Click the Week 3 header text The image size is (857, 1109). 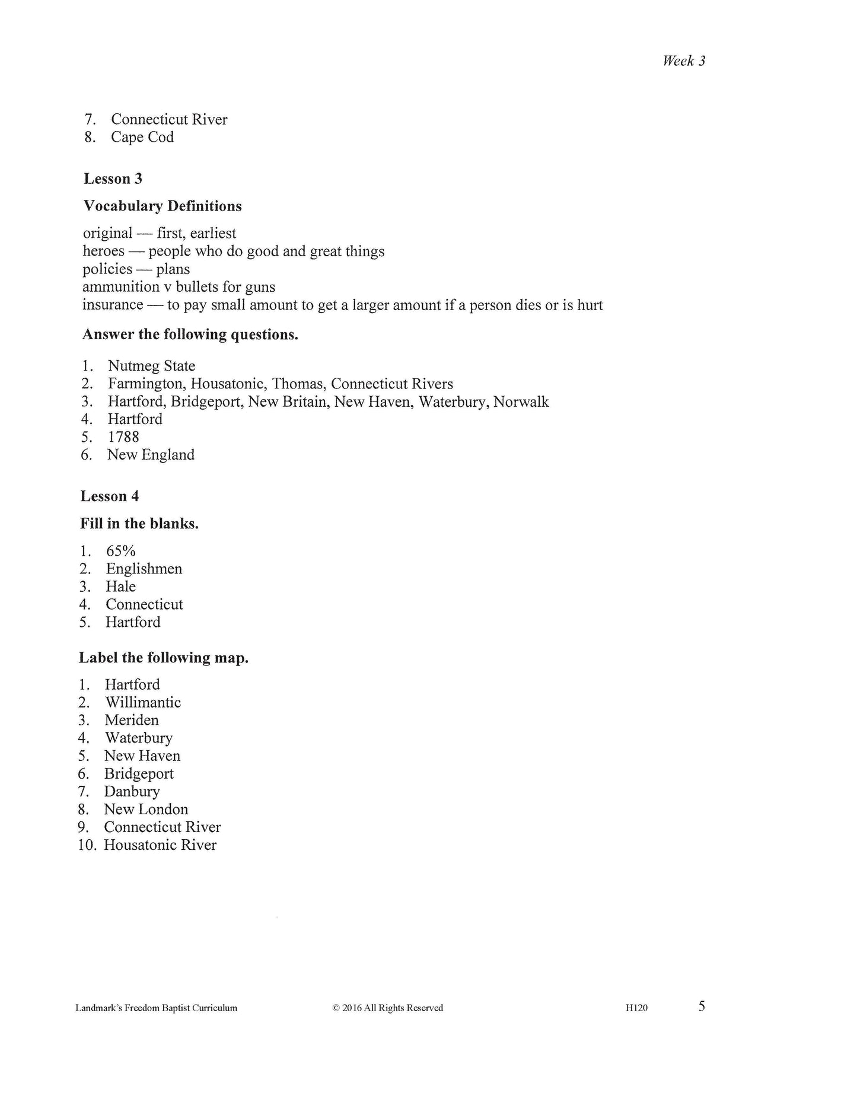684,60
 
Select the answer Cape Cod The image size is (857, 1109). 142,137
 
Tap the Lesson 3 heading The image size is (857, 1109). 113,179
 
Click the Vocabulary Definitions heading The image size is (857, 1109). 163,206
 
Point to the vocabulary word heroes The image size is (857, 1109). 104,251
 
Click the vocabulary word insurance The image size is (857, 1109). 113,305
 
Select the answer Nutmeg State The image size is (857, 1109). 151,366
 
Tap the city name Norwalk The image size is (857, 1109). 521,401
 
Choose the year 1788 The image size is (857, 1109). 123,437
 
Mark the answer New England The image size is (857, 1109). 151,455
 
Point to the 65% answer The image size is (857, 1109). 121,551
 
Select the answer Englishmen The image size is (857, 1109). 144,569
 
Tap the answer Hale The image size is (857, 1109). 121,587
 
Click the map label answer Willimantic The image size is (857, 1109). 143,702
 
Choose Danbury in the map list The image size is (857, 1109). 132,791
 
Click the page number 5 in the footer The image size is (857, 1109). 702,1006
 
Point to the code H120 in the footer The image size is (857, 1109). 636,1008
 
